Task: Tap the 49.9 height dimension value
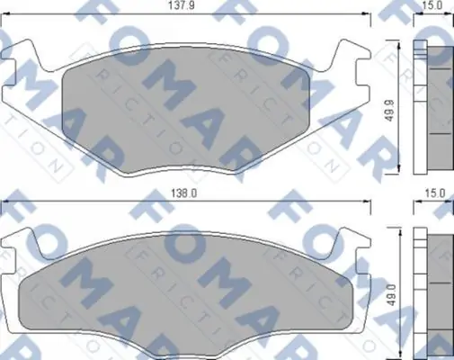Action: coord(389,111)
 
